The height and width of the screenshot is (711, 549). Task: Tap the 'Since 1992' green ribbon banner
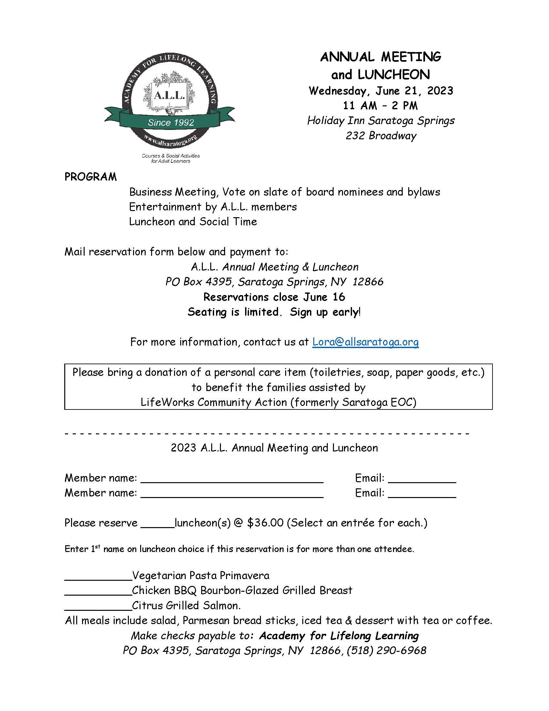coord(171,122)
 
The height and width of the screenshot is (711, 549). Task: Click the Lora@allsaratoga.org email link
coord(365,342)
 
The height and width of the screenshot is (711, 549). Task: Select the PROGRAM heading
coord(90,177)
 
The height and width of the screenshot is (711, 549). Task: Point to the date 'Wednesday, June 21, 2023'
coord(381,90)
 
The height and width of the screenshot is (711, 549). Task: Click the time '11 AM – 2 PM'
coord(380,105)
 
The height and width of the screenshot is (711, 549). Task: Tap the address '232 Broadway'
coord(381,135)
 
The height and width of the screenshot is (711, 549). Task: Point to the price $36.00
coord(265,523)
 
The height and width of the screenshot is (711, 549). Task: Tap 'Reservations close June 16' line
coord(274,297)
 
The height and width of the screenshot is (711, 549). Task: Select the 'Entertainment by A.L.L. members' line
coord(213,207)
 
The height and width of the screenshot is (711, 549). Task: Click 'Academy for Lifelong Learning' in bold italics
coord(339,635)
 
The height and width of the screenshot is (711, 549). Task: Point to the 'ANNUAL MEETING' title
coord(380,57)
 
